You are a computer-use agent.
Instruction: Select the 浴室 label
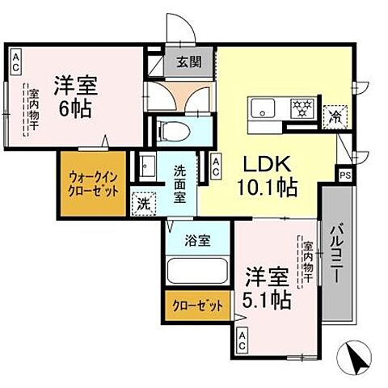coord(196,241)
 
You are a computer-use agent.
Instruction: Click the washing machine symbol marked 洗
coord(143,204)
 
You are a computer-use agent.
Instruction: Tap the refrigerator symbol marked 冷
coord(333,116)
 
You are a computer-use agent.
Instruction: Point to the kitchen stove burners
coord(302,108)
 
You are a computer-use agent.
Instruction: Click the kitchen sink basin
coord(264,108)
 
